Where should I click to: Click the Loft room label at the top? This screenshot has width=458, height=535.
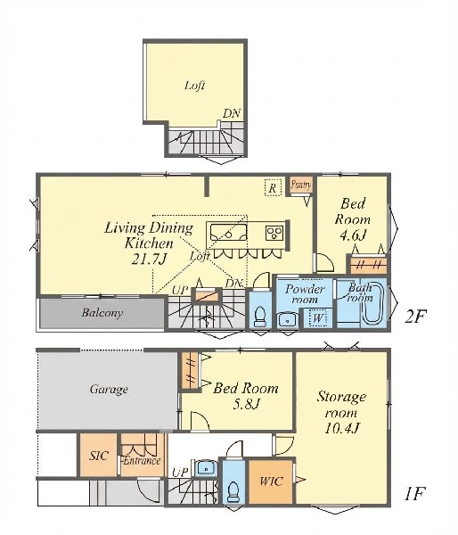coord(195,85)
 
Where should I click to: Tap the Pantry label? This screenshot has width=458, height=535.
coord(301,185)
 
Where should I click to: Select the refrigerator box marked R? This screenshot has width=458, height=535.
coord(273,187)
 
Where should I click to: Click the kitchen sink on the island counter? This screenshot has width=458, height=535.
coord(228,232)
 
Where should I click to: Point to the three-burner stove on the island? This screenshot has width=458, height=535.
coord(274,233)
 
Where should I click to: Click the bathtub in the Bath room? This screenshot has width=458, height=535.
coord(372,302)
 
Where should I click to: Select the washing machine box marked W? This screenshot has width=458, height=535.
coord(318,317)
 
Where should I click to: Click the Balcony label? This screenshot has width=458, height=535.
coord(102,313)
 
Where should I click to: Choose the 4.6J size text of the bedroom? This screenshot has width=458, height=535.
coord(352,235)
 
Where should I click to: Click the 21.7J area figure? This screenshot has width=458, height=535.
coord(149,259)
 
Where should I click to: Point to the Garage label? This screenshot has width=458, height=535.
coord(109,390)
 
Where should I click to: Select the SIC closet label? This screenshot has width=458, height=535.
coord(99,456)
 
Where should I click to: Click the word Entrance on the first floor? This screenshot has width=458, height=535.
coord(142,461)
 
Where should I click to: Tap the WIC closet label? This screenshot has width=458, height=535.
coord(271,481)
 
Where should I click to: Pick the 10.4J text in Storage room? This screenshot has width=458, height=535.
coord(341,427)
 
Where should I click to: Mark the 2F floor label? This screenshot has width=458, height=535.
coord(415,317)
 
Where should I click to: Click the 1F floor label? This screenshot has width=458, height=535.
coord(414,494)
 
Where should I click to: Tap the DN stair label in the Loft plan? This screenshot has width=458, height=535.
coord(232,113)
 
